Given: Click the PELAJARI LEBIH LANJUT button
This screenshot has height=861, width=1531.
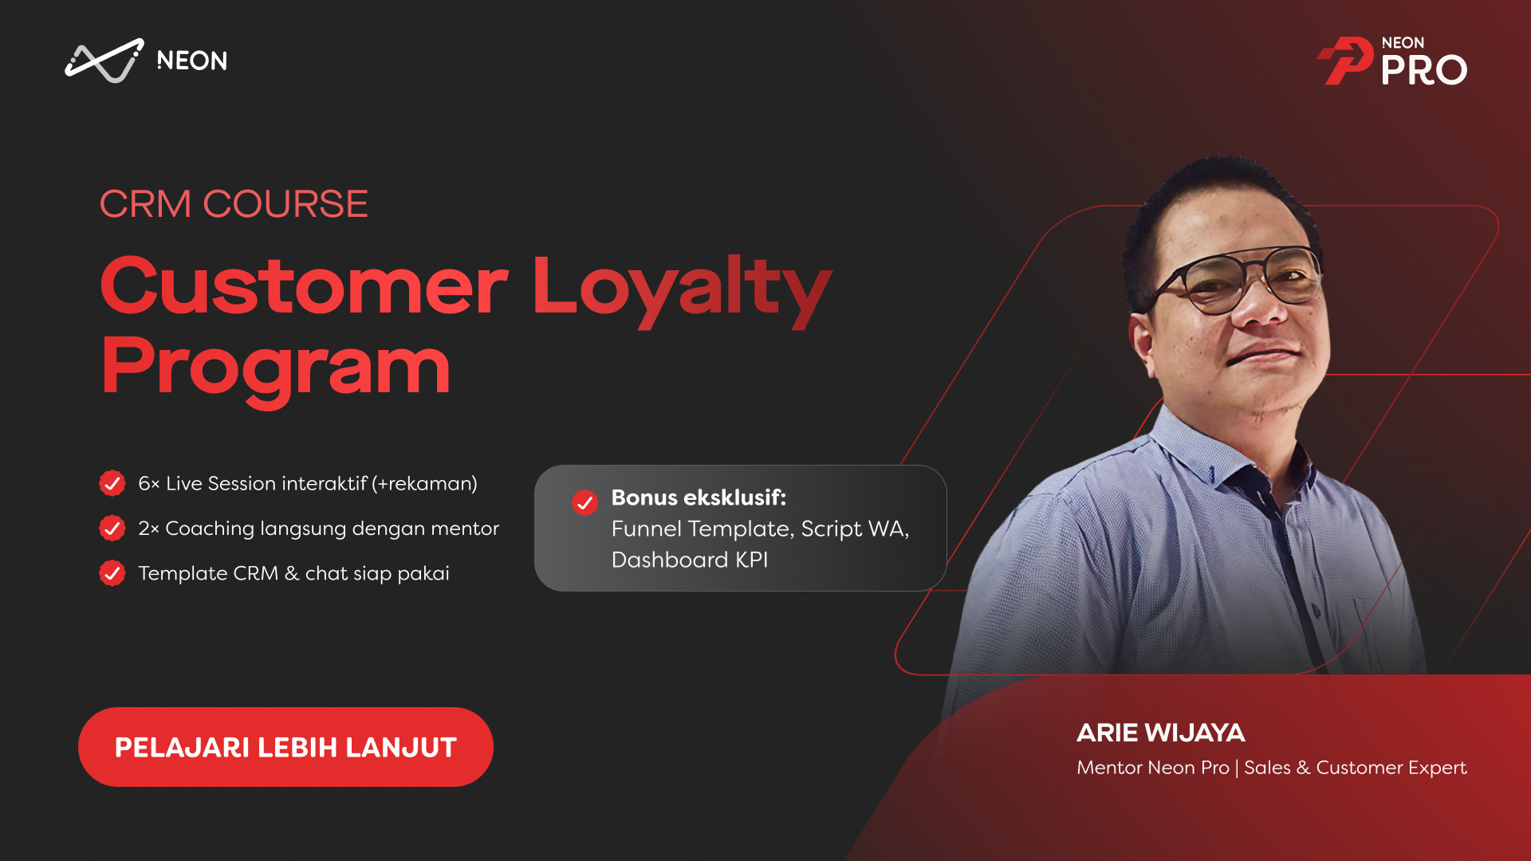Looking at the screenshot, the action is coord(285,747).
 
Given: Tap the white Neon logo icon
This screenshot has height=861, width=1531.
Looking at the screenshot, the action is coord(104,61).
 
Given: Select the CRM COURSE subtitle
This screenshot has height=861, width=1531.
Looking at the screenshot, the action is coord(234,204).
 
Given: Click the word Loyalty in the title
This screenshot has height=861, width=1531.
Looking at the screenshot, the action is coord(683,287).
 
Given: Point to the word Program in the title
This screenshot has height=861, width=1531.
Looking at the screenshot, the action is coord(276,368).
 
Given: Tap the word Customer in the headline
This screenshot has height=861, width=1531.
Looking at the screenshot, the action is coord(304,285).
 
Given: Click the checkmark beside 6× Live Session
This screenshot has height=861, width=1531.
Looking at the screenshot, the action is coord(112,483).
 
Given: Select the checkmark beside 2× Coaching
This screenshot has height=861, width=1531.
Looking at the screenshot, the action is coord(112,528).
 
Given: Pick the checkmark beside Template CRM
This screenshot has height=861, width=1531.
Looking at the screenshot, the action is coord(112,572).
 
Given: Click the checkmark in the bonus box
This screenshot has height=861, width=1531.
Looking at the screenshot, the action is coord(585,502).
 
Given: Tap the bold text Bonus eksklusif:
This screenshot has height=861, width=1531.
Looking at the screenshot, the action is coord(699,497).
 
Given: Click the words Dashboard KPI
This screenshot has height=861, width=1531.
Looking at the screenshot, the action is coord(690,560).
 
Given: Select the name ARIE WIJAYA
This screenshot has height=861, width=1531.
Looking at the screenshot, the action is coord(1161,733).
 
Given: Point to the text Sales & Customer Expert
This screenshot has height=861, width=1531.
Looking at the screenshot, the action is coord(1356,768).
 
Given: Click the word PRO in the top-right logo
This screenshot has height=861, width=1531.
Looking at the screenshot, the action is coord(1424,70).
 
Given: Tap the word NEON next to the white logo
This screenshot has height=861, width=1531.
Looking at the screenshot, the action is coord(192,61).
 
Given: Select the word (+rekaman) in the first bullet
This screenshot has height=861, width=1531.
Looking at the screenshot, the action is coord(425,483).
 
